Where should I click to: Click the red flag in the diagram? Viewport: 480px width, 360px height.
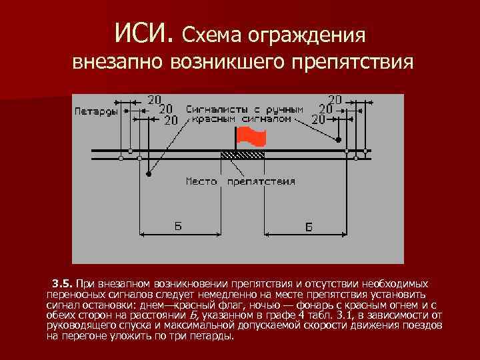click(x=253, y=137)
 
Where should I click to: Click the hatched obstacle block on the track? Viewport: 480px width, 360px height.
click(x=243, y=154)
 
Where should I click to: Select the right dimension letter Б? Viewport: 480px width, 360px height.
click(x=309, y=227)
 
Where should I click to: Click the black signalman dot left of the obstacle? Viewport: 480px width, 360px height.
click(x=149, y=175)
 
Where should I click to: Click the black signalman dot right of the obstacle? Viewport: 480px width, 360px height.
click(x=339, y=140)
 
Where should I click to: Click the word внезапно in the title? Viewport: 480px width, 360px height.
click(x=117, y=64)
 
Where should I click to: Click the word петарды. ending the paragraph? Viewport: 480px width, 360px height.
click(x=214, y=335)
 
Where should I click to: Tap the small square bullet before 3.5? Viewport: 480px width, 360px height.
click(x=49, y=283)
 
